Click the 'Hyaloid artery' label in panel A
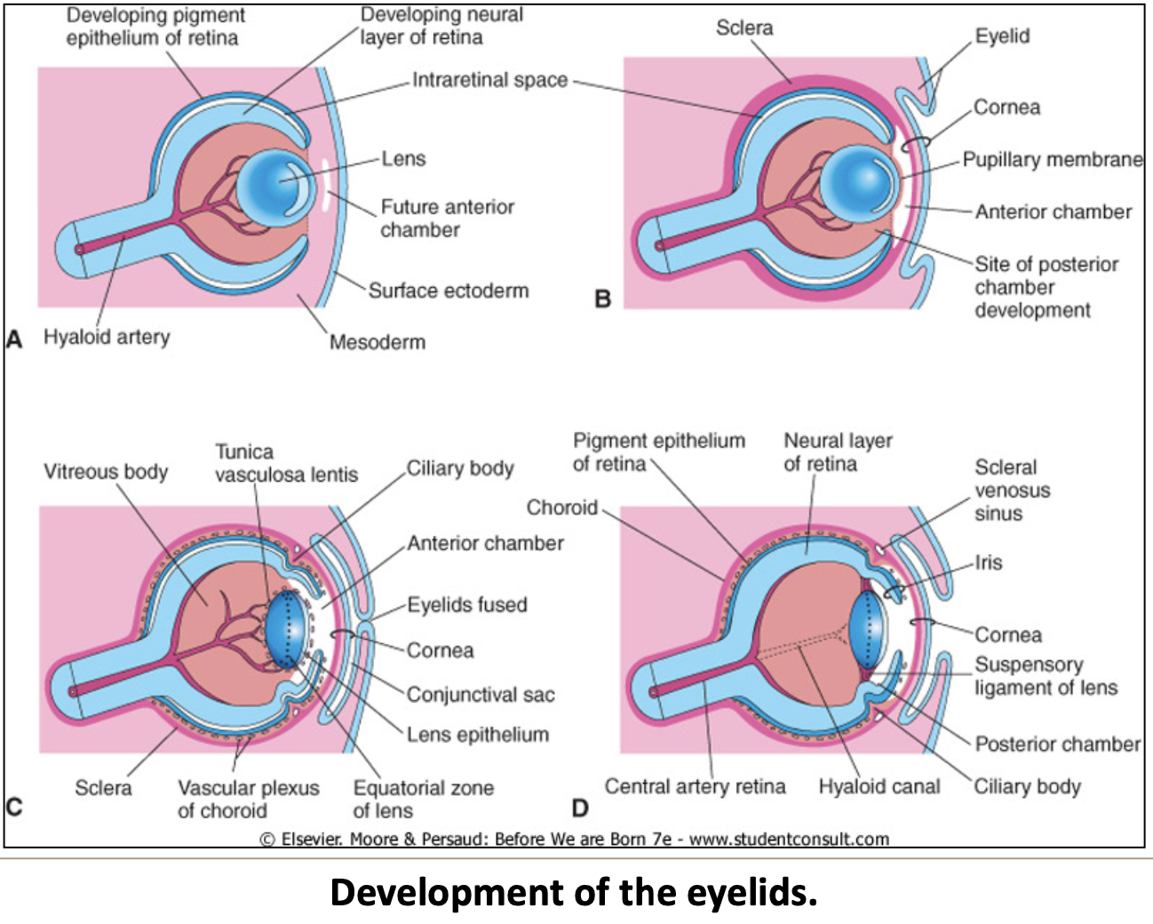click(x=107, y=338)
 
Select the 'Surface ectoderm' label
click(x=448, y=291)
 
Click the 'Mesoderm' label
click(x=377, y=342)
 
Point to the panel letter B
click(x=603, y=299)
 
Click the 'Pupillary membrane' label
click(x=1053, y=160)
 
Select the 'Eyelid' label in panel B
click(x=1002, y=36)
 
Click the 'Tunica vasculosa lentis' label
click(x=285, y=463)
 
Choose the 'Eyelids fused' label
click(x=467, y=605)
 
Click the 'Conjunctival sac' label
click(x=480, y=695)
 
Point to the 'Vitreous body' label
click(x=106, y=472)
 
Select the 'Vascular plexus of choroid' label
click(x=248, y=799)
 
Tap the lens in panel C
click(x=286, y=629)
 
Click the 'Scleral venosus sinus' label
click(x=1012, y=490)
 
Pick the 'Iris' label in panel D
click(x=988, y=562)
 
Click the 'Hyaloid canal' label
click(x=879, y=786)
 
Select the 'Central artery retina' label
click(x=695, y=786)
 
